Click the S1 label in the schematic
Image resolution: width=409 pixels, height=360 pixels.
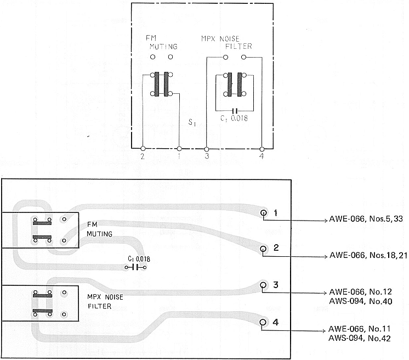[x=192, y=122]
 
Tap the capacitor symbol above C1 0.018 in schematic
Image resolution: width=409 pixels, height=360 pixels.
[x=235, y=110]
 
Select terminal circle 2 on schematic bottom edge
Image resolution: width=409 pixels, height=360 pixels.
[x=143, y=149]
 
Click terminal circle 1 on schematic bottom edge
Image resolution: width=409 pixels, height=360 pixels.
[x=179, y=149]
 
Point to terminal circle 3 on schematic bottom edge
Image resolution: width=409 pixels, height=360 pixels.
[x=207, y=149]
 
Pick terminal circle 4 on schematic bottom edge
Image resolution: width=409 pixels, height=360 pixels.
[x=262, y=149]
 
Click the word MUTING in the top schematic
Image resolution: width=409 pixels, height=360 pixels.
[x=163, y=47]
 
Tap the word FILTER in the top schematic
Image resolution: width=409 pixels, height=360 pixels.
[x=238, y=47]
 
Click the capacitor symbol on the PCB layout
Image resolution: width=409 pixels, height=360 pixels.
[x=135, y=267]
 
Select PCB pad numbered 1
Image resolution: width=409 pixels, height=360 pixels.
[x=264, y=213]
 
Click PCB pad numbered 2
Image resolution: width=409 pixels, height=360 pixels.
[x=263, y=249]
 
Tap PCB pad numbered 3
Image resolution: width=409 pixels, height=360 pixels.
[x=263, y=285]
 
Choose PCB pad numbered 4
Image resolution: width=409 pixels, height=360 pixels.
[x=263, y=322]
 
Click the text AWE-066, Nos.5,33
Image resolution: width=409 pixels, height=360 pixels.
[x=366, y=219]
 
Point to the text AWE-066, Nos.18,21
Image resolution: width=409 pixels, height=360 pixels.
[x=368, y=255]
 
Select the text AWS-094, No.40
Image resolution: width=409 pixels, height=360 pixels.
[x=361, y=301]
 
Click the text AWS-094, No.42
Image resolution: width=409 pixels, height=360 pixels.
[x=360, y=339]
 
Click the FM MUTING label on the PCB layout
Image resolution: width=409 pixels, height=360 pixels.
[x=99, y=229]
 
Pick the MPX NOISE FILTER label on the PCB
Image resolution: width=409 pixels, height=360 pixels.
[x=105, y=301]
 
